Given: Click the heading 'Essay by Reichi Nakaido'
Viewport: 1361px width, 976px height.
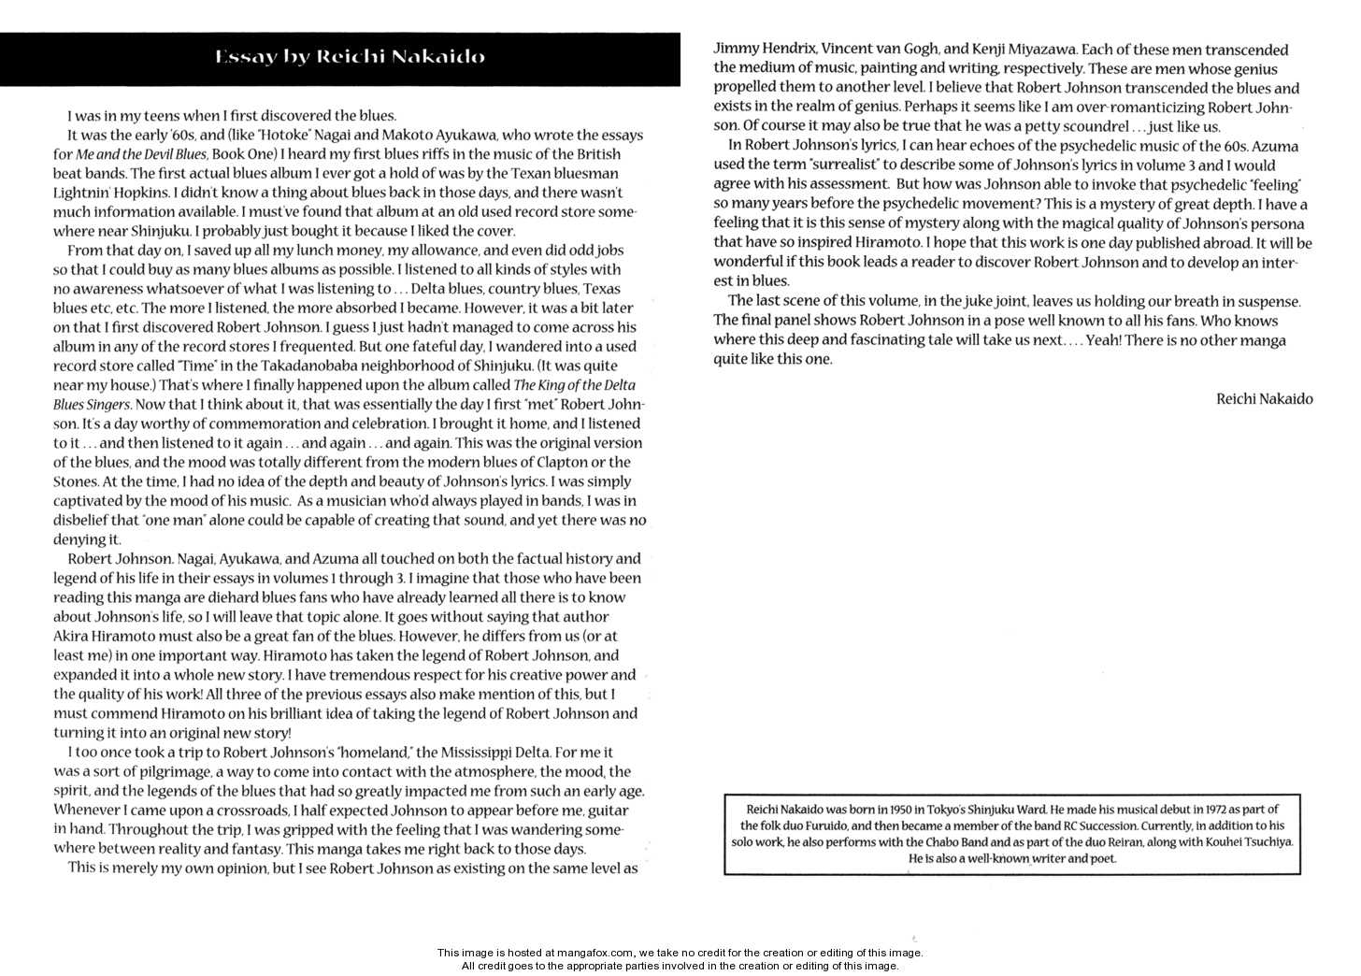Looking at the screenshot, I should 350,57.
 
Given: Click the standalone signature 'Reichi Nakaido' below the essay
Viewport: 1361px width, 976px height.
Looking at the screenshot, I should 1264,399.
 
